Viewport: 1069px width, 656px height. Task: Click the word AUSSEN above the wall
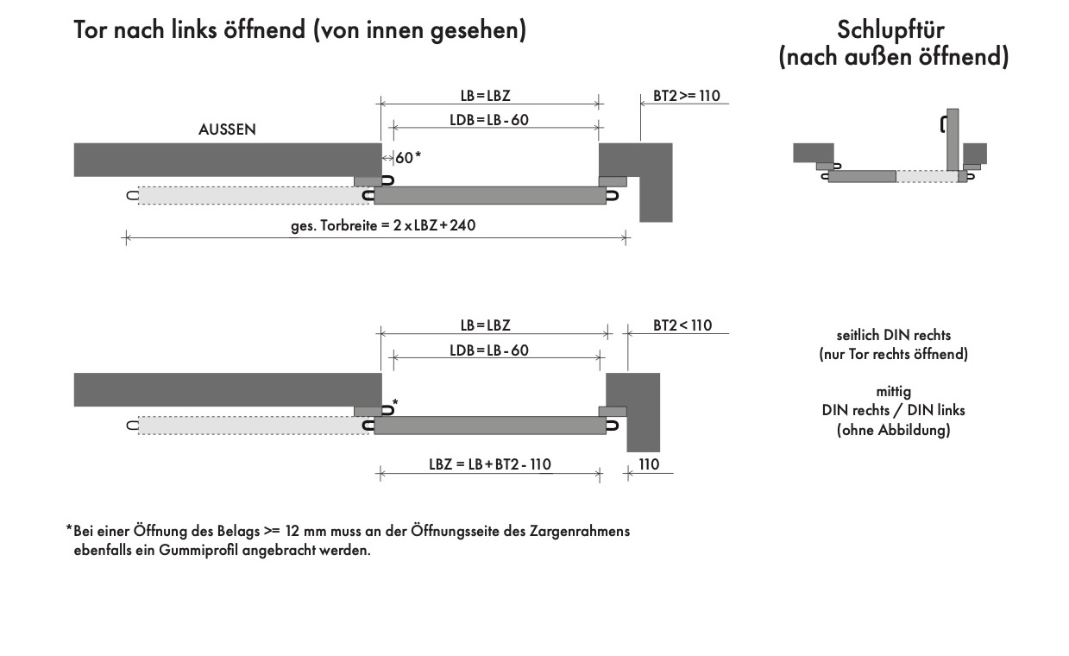click(227, 129)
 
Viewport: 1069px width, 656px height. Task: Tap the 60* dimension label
click(408, 158)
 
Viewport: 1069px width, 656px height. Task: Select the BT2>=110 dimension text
click(686, 96)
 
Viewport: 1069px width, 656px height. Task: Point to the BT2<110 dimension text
click(682, 325)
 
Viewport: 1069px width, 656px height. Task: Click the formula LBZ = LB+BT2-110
click(490, 464)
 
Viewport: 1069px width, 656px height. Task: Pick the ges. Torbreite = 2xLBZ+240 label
click(383, 225)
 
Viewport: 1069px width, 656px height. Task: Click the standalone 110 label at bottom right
click(649, 464)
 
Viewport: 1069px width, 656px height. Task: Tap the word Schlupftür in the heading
click(890, 29)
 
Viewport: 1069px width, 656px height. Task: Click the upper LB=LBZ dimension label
click(486, 96)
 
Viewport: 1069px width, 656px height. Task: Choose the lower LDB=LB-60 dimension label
click(489, 350)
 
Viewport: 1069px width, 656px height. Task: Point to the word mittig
click(893, 392)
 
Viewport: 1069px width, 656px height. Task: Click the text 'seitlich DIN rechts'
click(893, 335)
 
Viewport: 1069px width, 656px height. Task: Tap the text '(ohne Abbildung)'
click(893, 430)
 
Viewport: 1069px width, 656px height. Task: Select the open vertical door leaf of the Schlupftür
click(953, 140)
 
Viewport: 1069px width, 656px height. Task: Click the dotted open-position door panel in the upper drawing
click(254, 195)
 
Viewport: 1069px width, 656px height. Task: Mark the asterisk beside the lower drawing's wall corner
click(395, 402)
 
